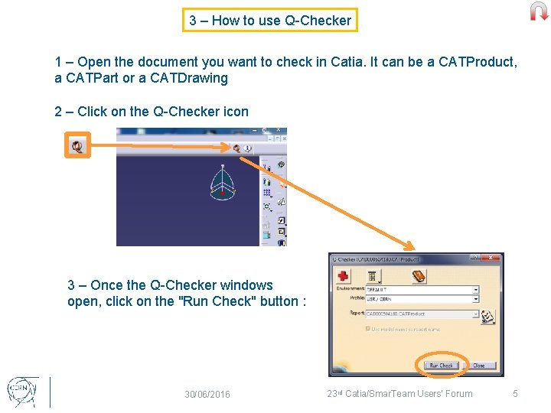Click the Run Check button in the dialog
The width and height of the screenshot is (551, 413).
(441, 366)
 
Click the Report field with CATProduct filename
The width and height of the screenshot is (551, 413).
(422, 314)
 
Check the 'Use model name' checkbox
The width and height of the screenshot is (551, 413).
(368, 329)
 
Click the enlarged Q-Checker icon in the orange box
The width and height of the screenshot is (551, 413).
(77, 145)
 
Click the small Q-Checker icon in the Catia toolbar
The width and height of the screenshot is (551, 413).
(237, 148)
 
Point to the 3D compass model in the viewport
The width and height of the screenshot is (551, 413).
(222, 182)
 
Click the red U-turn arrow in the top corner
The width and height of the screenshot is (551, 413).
(540, 11)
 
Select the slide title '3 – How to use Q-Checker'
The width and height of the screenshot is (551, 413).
(270, 21)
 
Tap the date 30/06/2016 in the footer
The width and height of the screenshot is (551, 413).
(207, 395)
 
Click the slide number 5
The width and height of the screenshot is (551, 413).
(515, 394)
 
